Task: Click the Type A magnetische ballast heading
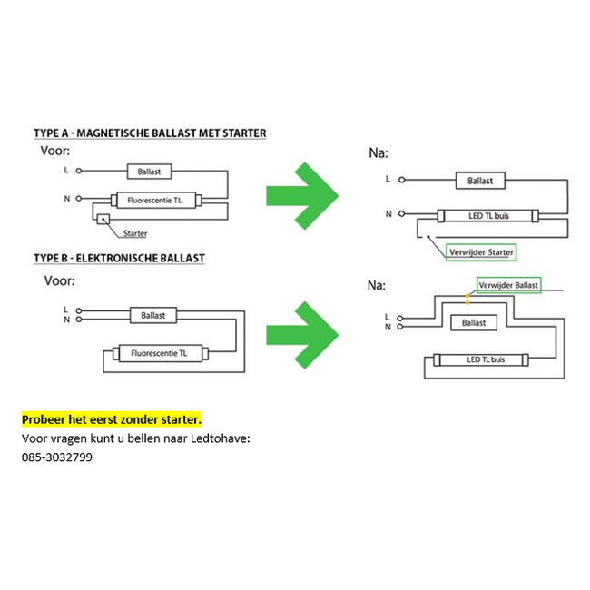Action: pyautogui.click(x=150, y=133)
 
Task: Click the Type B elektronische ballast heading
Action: pyautogui.click(x=119, y=258)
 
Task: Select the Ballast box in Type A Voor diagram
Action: pyautogui.click(x=150, y=172)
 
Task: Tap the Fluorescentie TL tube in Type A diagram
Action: pyautogui.click(x=156, y=201)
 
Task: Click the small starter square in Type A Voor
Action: pyautogui.click(x=103, y=219)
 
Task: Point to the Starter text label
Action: pyautogui.click(x=135, y=233)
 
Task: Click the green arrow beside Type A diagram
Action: pyautogui.click(x=302, y=196)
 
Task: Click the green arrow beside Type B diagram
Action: pyautogui.click(x=302, y=335)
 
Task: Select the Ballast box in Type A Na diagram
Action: pyautogui.click(x=480, y=181)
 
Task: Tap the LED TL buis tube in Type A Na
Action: pyautogui.click(x=488, y=216)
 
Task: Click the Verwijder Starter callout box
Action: pyautogui.click(x=481, y=252)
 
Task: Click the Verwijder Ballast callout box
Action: pyautogui.click(x=508, y=285)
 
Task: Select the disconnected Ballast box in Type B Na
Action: pyautogui.click(x=474, y=323)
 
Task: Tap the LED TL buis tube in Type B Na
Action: pyautogui.click(x=481, y=359)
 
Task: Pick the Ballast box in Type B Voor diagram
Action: pyautogui.click(x=153, y=315)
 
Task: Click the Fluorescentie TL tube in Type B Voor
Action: pyautogui.click(x=161, y=353)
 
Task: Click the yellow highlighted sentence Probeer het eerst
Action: pyautogui.click(x=112, y=419)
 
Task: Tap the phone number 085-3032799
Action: pyautogui.click(x=57, y=457)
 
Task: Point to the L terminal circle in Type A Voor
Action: pyautogui.click(x=79, y=171)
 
